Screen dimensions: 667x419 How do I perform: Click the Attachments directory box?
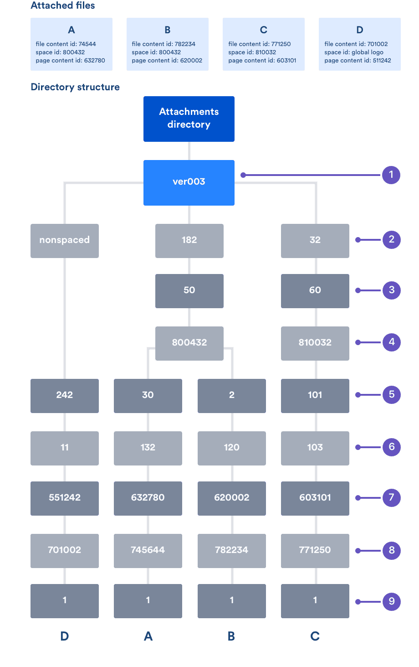pyautogui.click(x=189, y=119)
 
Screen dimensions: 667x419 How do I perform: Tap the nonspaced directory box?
pyautogui.click(x=65, y=240)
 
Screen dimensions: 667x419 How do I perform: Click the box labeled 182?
pyautogui.click(x=189, y=240)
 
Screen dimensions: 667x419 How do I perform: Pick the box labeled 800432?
pyautogui.click(x=189, y=343)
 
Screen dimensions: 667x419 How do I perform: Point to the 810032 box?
pyautogui.click(x=315, y=343)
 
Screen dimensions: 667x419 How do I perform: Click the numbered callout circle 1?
pyautogui.click(x=391, y=175)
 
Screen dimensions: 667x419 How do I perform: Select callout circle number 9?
pyautogui.click(x=391, y=601)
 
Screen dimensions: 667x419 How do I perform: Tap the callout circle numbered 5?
pyautogui.click(x=391, y=395)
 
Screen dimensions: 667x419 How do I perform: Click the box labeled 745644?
pyautogui.click(x=148, y=550)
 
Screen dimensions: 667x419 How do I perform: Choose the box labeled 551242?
pyautogui.click(x=65, y=498)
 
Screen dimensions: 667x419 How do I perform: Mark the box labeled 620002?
pyautogui.click(x=232, y=498)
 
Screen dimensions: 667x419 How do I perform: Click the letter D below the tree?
pyautogui.click(x=65, y=636)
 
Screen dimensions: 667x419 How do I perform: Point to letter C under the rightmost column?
pyautogui.click(x=315, y=636)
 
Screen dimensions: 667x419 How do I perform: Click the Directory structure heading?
pyautogui.click(x=75, y=87)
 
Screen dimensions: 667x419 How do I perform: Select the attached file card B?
pyautogui.click(x=168, y=44)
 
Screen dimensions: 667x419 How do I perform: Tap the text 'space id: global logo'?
pyautogui.click(x=354, y=52)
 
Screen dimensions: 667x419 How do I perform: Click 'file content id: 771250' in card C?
pyautogui.click(x=260, y=44)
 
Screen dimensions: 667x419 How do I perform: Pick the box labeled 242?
pyautogui.click(x=65, y=395)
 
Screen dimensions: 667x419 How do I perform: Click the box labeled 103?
pyautogui.click(x=315, y=448)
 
